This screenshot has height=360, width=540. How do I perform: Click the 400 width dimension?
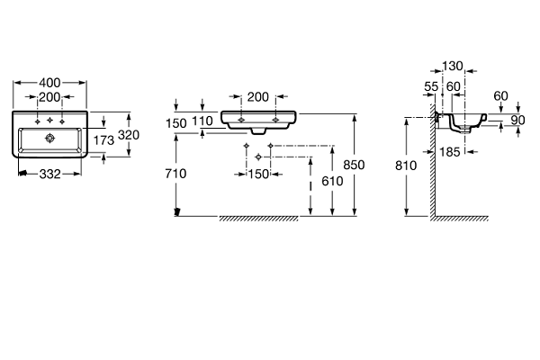(x=49, y=83)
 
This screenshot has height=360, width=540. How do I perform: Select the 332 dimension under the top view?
(x=50, y=175)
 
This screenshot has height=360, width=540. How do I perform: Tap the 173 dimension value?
(x=103, y=140)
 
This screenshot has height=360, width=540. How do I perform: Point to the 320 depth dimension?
(x=129, y=135)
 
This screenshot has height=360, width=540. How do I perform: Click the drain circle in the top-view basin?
(x=49, y=138)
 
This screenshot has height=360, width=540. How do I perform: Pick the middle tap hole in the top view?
(x=49, y=121)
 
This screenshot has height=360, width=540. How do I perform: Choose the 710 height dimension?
(x=175, y=174)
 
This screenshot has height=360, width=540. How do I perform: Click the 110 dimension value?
(x=202, y=121)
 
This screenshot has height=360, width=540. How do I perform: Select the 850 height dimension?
(x=354, y=165)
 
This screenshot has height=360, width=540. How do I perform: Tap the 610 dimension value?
(x=332, y=181)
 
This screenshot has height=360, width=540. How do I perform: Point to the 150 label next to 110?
(x=176, y=123)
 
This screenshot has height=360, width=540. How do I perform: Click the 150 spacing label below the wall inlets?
(x=258, y=175)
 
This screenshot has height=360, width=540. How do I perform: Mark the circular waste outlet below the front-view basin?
(x=258, y=157)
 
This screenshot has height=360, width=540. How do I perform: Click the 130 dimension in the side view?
(x=453, y=66)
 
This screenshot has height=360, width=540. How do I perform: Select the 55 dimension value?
(x=431, y=86)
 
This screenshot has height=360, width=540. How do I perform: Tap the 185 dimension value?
(x=450, y=152)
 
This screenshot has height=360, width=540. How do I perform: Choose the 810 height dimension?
(x=406, y=166)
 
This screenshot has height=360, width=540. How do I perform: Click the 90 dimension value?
(x=517, y=121)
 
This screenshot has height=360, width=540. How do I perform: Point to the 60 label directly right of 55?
(x=454, y=86)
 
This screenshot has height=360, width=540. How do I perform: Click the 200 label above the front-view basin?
(x=258, y=97)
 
